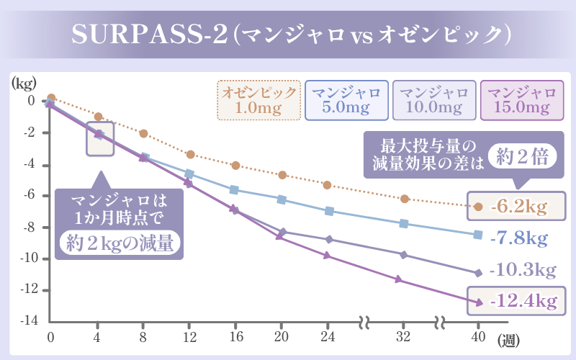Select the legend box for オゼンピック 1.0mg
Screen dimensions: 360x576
258,100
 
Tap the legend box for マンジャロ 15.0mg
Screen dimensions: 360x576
522,100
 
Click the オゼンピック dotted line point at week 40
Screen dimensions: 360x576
478,207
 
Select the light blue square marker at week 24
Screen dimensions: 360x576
329,211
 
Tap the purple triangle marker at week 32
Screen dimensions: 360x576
398,279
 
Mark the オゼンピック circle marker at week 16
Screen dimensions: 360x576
235,166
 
